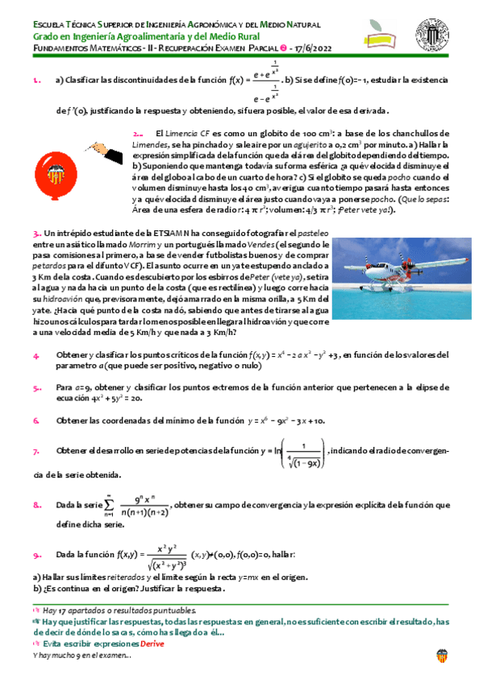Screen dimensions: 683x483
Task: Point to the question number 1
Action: (36, 81)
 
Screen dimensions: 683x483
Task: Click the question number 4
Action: (36, 356)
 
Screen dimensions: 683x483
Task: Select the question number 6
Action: (36, 420)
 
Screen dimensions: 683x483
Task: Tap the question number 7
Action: (36, 451)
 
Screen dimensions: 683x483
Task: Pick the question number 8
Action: (37, 506)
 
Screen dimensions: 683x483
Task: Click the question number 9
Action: (37, 555)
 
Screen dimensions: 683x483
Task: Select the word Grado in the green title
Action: (48, 35)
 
